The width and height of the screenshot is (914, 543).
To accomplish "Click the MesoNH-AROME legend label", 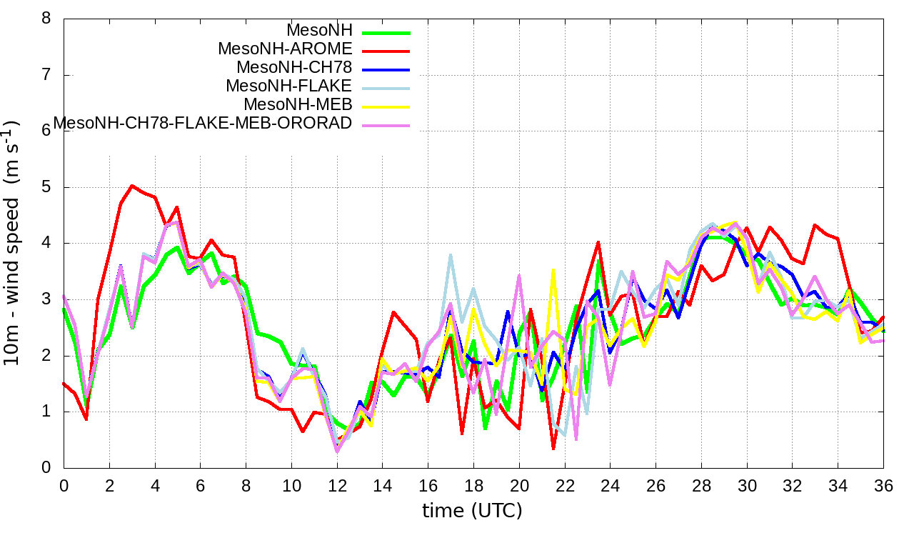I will pos(285,49).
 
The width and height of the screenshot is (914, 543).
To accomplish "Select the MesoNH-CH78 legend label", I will pos(294,68).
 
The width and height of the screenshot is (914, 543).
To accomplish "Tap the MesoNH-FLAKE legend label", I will pos(289,86).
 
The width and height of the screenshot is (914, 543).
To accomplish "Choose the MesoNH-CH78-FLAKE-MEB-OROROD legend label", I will pos(203,124).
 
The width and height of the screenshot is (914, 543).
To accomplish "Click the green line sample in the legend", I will pos(386,32).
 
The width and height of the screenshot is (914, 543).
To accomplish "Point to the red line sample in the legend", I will pos(386,51).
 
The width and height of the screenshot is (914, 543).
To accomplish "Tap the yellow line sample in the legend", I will pos(386,106).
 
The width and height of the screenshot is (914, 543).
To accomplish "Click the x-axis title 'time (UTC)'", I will pos(472,511).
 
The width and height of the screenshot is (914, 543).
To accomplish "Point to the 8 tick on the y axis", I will pos(46,19).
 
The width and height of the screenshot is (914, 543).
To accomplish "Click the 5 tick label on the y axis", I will pos(46,187).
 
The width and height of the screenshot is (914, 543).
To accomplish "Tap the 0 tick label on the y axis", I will pos(46,467).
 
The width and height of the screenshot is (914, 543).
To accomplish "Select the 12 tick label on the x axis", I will pos(337,486).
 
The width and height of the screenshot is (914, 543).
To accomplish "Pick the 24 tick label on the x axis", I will pos(611,486).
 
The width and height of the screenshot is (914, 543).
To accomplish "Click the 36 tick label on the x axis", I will pos(884,486).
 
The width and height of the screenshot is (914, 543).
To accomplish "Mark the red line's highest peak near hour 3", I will pos(132,186).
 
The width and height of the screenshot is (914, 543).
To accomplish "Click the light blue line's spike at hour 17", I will pos(451,254).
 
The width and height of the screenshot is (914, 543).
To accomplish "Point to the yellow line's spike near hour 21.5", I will pos(553,269).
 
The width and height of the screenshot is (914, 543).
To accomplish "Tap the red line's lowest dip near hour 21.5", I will pos(553,449).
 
